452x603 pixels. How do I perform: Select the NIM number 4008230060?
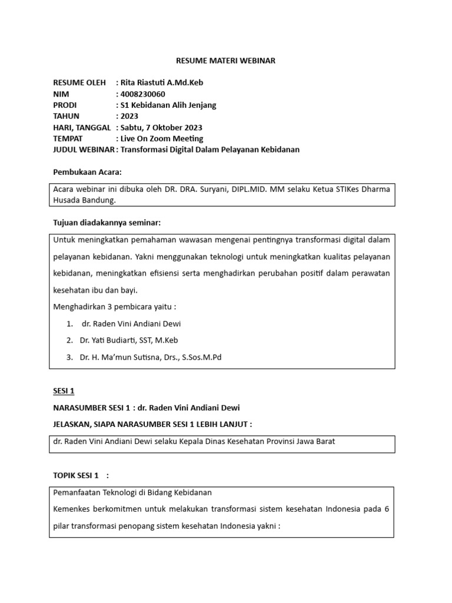coord(142,94)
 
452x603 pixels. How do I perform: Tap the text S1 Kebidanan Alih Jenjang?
coord(168,105)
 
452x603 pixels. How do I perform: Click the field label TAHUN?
coord(66,117)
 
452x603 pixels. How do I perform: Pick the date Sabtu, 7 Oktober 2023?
coord(161,128)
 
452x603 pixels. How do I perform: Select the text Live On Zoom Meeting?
coord(162,139)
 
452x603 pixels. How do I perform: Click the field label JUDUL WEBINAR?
coord(84,150)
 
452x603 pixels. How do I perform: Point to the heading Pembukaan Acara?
coord(87,172)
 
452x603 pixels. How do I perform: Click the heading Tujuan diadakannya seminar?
coord(107,223)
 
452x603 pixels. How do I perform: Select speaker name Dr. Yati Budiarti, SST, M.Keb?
coord(129,340)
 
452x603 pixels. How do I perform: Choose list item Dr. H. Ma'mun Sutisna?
coord(151,357)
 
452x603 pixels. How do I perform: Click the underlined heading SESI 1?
coord(64,391)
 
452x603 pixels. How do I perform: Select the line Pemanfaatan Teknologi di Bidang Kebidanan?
coord(132,492)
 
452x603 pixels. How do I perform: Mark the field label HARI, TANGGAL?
coord(82,128)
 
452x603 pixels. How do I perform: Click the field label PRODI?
coord(65,105)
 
